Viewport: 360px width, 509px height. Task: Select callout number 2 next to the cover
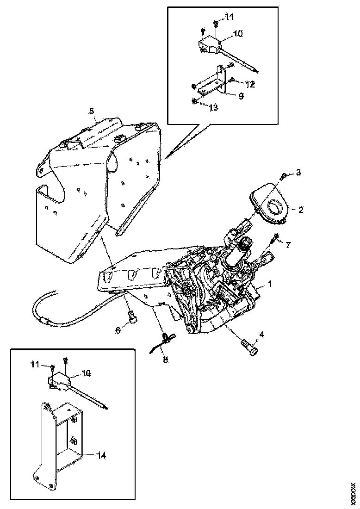tap(300, 210)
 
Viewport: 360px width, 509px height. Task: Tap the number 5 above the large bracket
tap(92, 111)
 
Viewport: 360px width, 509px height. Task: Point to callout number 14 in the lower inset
tap(102, 456)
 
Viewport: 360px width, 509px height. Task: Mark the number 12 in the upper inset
tap(250, 85)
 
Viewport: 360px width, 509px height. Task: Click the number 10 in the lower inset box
tap(87, 372)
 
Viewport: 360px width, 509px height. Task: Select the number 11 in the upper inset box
tap(230, 17)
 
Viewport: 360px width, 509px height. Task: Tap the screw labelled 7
tap(276, 238)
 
